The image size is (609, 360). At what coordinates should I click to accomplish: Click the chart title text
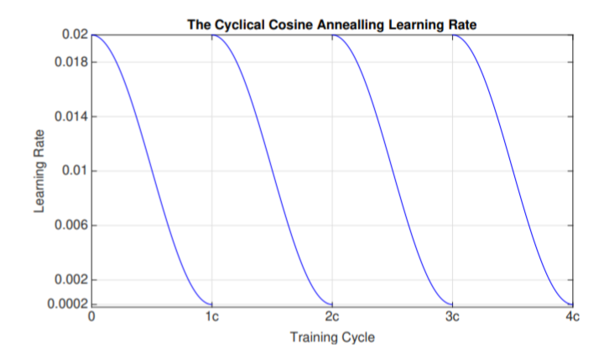point(332,25)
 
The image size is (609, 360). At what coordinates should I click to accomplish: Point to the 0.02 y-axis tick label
point(75,34)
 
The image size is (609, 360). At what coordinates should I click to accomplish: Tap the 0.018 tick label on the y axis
point(71,62)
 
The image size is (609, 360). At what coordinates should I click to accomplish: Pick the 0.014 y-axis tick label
point(71,117)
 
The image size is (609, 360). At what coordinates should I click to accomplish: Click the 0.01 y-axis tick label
point(75,171)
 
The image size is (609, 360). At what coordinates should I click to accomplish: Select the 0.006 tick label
point(71,225)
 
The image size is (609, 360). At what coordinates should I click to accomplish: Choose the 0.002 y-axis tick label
point(71,279)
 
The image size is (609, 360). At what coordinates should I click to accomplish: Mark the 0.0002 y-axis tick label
point(68,304)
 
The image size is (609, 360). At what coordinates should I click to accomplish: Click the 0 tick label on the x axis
point(91,317)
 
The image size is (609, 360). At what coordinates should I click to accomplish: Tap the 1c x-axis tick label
point(212,317)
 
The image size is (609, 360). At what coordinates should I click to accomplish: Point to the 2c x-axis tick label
point(332,317)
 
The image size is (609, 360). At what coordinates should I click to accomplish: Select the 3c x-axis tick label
point(452,317)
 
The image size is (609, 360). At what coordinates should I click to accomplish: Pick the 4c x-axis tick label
point(572,317)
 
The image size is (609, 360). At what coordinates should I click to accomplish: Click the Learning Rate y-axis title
point(39,171)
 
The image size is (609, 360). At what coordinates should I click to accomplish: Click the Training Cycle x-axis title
point(332,337)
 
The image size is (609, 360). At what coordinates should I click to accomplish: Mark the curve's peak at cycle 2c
point(332,35)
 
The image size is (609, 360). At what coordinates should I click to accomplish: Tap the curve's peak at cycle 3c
point(453,35)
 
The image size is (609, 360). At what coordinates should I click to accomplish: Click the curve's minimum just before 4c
point(572,304)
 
